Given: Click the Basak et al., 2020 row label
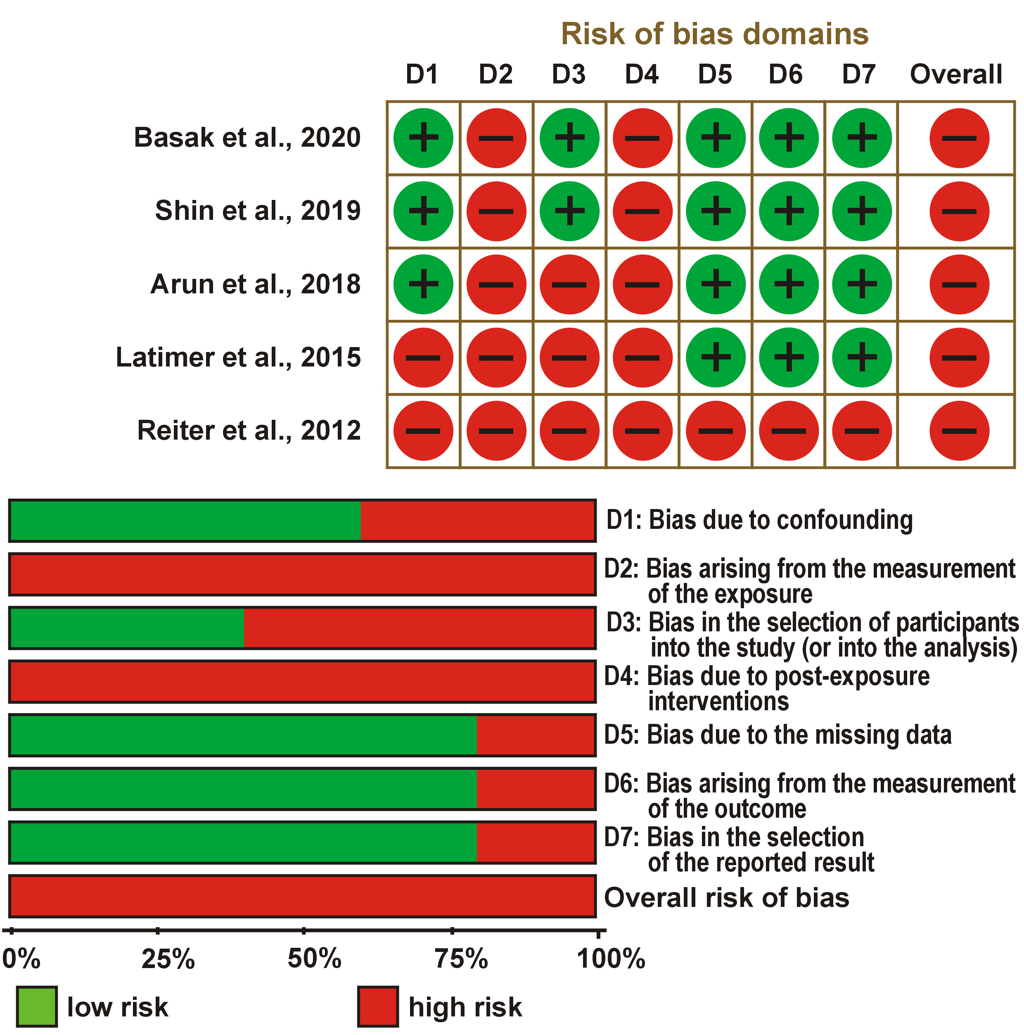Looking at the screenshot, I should click(247, 138).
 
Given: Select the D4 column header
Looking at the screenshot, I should click(641, 74).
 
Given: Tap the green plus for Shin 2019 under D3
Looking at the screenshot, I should click(569, 211).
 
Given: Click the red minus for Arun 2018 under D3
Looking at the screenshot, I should click(569, 284).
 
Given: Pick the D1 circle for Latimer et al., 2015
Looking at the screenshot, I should click(423, 357).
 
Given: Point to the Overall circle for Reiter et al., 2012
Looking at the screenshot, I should click(959, 431).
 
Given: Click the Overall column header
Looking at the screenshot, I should click(956, 74).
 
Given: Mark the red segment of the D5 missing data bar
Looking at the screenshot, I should click(535, 735).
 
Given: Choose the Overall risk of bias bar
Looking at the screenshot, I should click(302, 896).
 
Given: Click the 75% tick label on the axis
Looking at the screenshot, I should click(461, 959).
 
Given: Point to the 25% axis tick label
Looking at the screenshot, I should click(168, 959).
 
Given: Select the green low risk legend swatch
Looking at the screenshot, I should click(36, 1006).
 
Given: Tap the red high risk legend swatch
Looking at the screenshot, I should click(377, 1006).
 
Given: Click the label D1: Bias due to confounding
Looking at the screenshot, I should click(759, 520).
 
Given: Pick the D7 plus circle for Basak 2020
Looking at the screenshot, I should click(861, 138).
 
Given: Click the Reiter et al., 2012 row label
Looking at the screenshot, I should click(249, 431).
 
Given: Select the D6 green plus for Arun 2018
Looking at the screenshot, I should click(789, 284).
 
